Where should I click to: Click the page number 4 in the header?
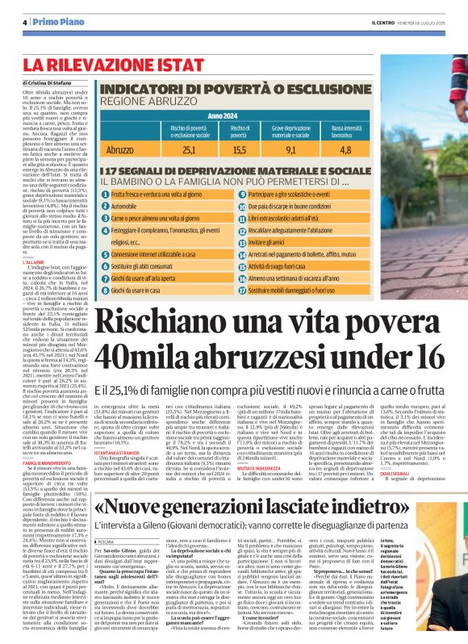[26, 22]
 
